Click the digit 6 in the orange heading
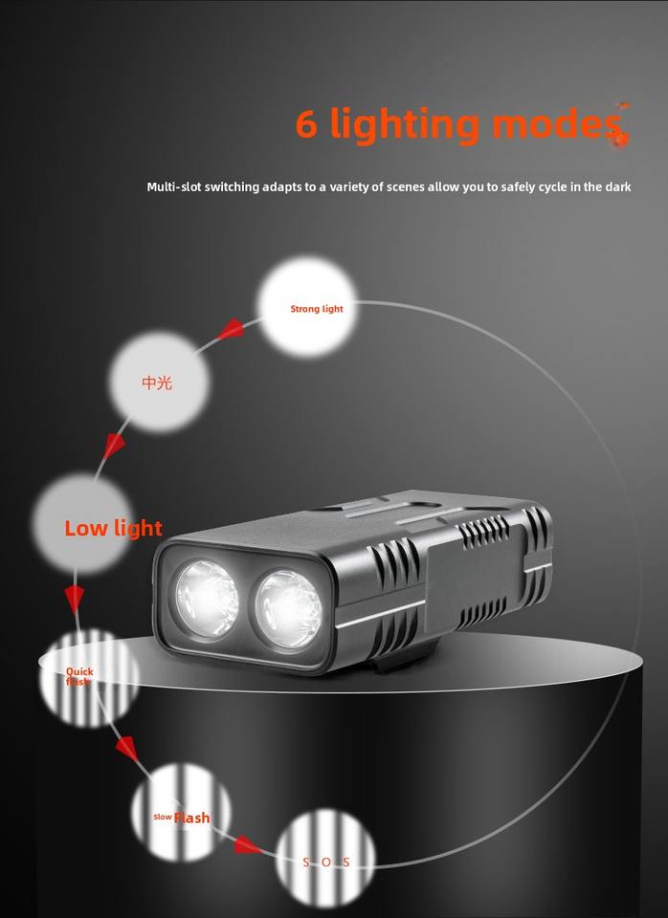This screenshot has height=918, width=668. click(307, 123)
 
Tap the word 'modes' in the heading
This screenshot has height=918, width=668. click(556, 123)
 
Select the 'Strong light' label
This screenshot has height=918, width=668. click(316, 309)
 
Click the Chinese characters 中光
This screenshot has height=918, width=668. click(157, 382)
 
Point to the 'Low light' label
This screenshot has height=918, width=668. click(113, 528)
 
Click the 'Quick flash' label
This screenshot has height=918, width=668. click(79, 676)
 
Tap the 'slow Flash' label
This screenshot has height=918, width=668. click(182, 818)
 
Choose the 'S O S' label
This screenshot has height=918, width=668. click(326, 863)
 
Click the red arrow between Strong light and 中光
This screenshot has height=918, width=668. click(230, 331)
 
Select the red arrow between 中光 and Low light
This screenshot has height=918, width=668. click(116, 445)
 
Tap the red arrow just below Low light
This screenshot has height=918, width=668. click(74, 599)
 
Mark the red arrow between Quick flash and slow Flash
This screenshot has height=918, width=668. click(126, 746)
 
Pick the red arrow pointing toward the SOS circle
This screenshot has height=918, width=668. click(248, 844)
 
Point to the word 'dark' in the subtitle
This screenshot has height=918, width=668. click(617, 187)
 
